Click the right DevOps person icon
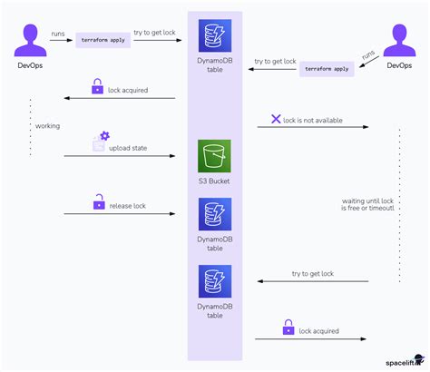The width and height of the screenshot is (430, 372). click(x=398, y=41)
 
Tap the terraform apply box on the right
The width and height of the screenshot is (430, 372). click(x=327, y=69)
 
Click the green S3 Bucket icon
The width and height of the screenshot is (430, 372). click(x=215, y=156)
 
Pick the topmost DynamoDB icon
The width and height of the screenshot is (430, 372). click(x=215, y=35)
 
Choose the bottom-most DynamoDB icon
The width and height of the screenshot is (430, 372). click(x=215, y=281)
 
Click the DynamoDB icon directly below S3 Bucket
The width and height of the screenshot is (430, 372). click(x=215, y=215)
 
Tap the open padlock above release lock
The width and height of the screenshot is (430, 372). click(x=98, y=203)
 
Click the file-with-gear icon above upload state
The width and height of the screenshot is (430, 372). click(x=100, y=141)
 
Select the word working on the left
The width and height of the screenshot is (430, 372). click(x=47, y=125)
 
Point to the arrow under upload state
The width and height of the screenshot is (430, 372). click(x=119, y=156)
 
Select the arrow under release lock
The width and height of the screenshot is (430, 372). click(x=119, y=215)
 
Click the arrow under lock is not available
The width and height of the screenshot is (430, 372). click(x=312, y=127)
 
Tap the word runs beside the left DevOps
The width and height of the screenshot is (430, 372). click(x=57, y=34)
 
